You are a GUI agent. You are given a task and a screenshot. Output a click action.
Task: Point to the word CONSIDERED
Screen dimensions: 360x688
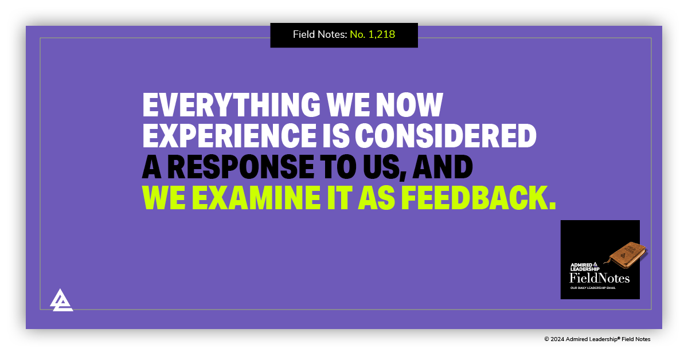point(445,135)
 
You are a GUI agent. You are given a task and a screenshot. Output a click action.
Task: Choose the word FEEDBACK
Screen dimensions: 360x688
point(478,197)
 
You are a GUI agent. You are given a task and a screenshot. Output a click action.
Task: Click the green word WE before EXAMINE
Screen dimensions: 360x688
point(163,197)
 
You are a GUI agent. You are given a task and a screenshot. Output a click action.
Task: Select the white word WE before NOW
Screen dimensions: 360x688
point(347,105)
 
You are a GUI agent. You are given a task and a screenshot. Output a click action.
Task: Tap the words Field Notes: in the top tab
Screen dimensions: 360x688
point(320,34)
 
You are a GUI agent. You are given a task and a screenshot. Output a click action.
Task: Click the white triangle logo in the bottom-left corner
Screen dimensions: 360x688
point(61,300)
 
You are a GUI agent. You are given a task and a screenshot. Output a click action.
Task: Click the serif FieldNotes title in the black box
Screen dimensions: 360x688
point(599,278)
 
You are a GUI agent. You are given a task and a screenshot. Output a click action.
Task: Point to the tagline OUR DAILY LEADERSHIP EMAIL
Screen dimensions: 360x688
point(592,288)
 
